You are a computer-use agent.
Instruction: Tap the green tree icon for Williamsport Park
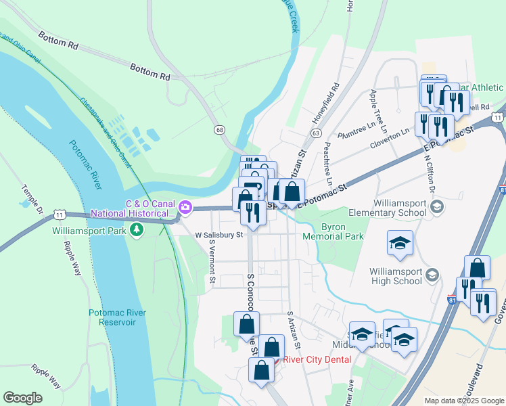tap(137, 231)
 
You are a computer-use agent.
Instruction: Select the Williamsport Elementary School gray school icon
tap(436, 206)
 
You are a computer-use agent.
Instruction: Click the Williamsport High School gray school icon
tap(432, 275)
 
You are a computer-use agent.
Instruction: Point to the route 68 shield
tap(218, 129)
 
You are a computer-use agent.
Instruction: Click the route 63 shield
tap(316, 134)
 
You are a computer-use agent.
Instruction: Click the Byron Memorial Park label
tap(342, 231)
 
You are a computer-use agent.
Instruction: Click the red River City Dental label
tap(317, 359)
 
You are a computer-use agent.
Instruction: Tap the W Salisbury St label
tap(218, 235)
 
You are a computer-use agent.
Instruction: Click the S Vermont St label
tap(212, 261)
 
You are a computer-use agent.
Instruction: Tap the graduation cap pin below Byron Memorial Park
tap(400, 243)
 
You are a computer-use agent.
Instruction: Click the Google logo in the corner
tap(22, 398)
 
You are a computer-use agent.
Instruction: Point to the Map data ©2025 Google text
tap(463, 401)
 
